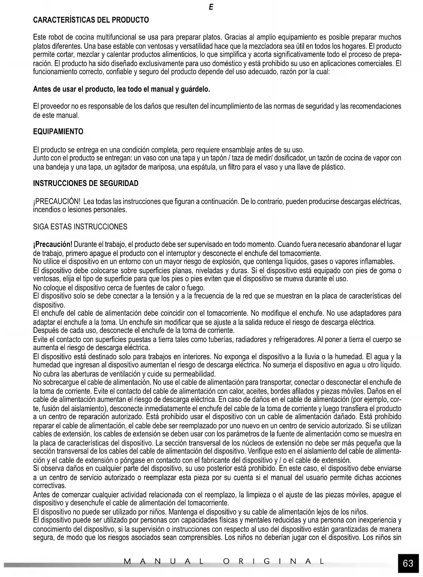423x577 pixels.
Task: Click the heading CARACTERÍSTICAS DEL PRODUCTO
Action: (91, 20)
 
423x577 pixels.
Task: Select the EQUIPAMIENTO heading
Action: (58, 132)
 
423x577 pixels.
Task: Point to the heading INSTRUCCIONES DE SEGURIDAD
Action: (86, 183)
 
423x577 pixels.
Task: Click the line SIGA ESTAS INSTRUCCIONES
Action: (80, 227)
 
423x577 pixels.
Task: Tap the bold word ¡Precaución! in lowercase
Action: (53, 244)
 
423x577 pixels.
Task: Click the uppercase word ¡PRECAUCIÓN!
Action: (56, 202)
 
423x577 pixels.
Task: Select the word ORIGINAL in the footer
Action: (273, 561)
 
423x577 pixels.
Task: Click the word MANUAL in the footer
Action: (163, 561)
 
